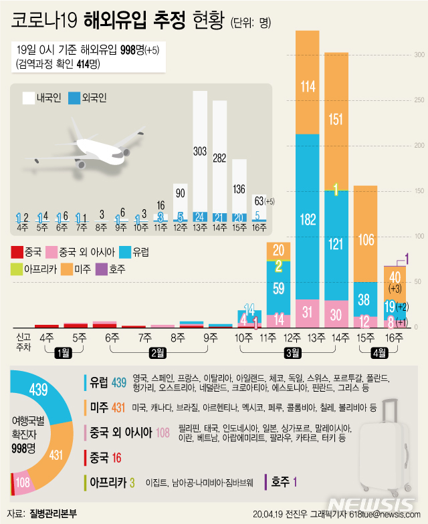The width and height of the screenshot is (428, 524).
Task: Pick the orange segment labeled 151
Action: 336,120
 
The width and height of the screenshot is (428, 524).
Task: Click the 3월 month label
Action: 293,352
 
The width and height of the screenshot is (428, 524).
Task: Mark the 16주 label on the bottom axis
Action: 395,338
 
